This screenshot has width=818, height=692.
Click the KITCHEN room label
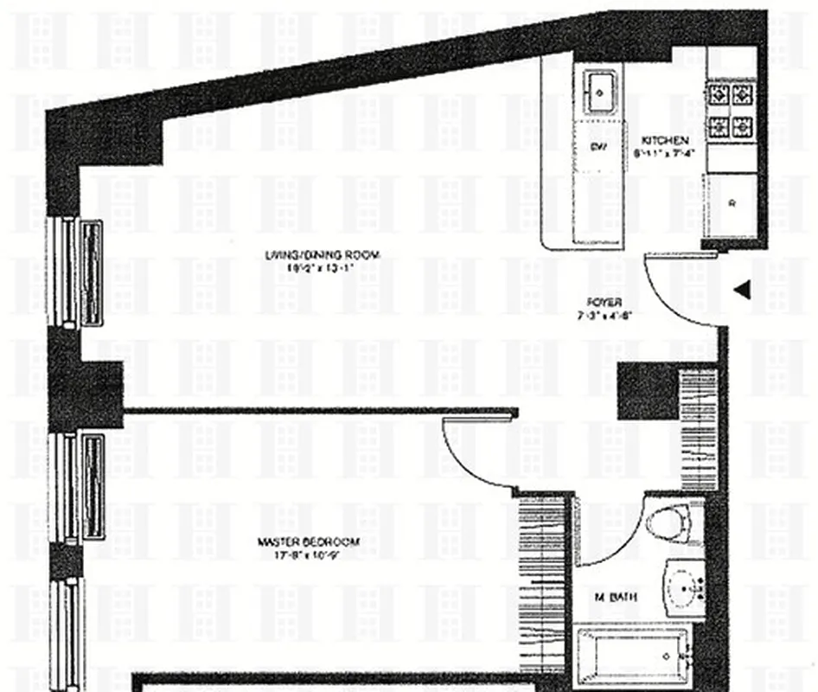pos(664,140)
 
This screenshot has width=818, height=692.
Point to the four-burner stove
pos(728,112)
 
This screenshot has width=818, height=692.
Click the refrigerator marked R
pos(732,206)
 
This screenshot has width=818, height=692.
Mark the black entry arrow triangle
pos(740,291)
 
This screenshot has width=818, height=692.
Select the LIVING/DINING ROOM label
pos(323,254)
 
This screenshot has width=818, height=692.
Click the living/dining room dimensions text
pos(323,267)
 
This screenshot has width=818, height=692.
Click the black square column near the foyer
pos(647,392)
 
